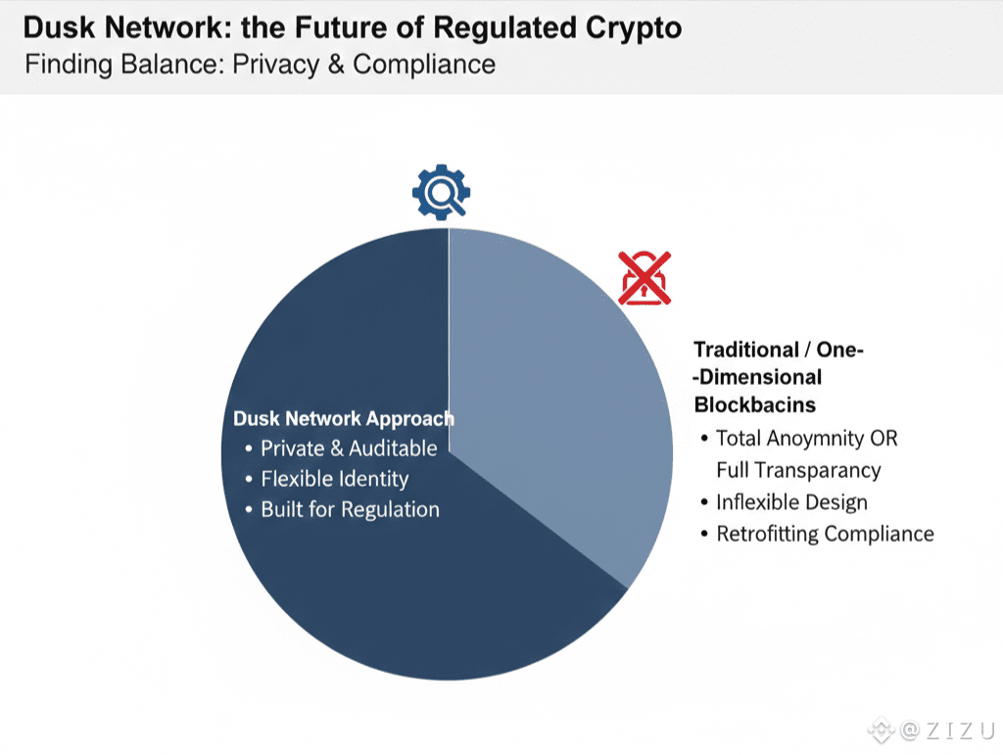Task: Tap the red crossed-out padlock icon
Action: (x=645, y=277)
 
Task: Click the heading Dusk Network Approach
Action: (x=344, y=419)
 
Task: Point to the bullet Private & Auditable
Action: (x=349, y=448)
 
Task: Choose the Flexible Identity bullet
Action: (x=334, y=479)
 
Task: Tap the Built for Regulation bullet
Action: (x=350, y=509)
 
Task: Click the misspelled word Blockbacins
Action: (x=755, y=403)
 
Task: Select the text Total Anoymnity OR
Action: (x=806, y=439)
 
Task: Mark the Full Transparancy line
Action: (x=798, y=470)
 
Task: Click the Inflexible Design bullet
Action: (x=791, y=502)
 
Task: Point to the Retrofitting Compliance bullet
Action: (x=825, y=534)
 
